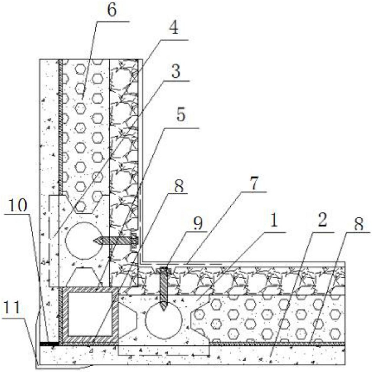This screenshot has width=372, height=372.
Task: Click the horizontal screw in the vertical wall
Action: [116, 241]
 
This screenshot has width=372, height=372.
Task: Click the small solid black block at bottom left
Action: [49, 344]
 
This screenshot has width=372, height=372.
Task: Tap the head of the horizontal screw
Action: [134, 241]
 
